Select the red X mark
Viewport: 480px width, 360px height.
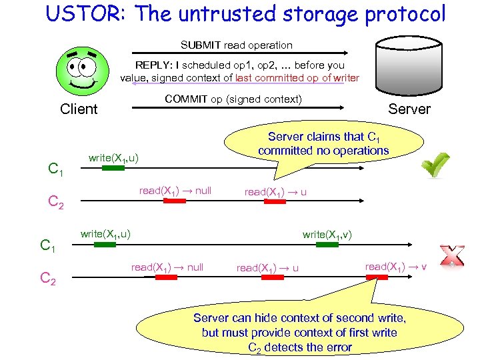click(451, 256)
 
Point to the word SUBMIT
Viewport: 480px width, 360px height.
click(201, 45)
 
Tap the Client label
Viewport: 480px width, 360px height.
click(79, 109)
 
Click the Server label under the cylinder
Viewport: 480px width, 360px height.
click(409, 109)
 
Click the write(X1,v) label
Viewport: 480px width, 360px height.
click(327, 234)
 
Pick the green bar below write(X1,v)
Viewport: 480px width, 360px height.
click(327, 245)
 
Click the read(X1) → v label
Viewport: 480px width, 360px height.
click(396, 266)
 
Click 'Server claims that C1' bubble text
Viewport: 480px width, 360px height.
click(323, 137)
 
